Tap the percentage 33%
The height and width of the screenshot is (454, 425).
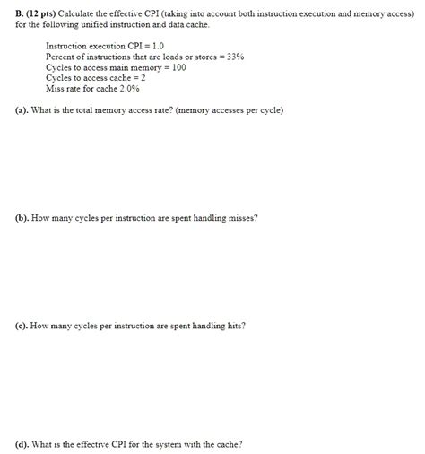pos(235,57)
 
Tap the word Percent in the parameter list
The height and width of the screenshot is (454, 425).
pos(61,57)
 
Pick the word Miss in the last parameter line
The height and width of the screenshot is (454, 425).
pos(55,89)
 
